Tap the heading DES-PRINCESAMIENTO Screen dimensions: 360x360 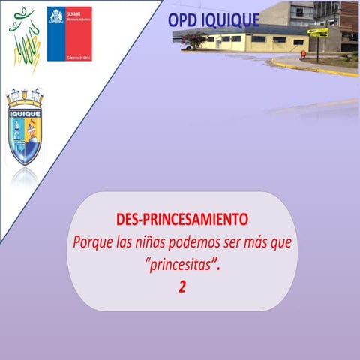point(182,221)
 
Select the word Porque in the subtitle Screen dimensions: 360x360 point(94,243)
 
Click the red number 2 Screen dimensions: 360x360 point(182,286)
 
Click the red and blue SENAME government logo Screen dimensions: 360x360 point(69,34)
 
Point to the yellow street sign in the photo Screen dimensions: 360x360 point(317,32)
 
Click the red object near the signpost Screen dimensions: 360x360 point(302,54)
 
